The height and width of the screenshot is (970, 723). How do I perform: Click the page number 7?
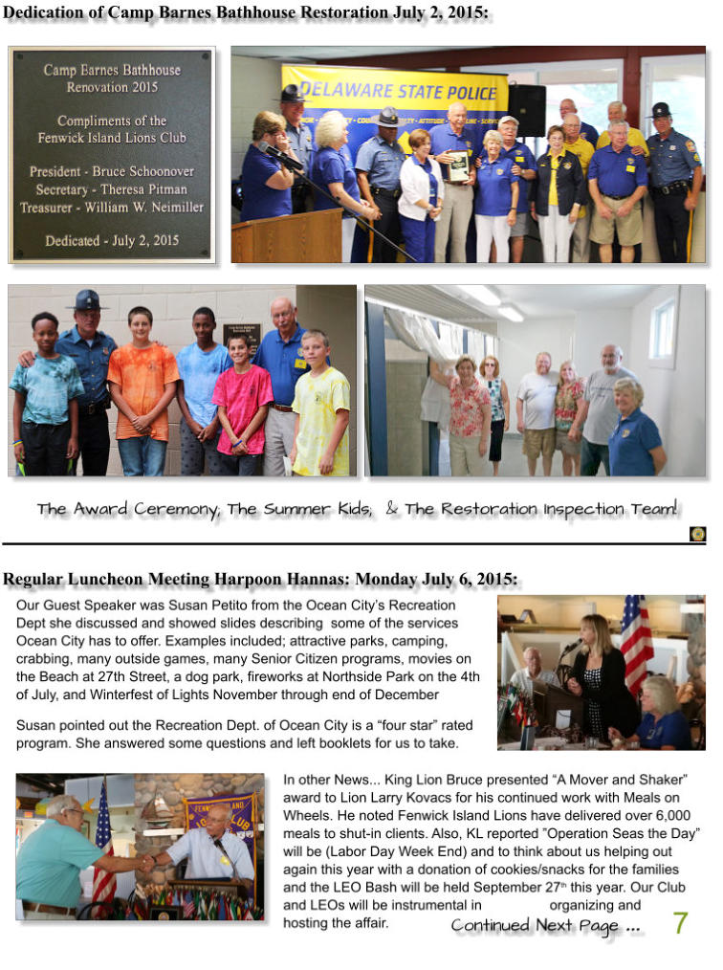tap(680, 923)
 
